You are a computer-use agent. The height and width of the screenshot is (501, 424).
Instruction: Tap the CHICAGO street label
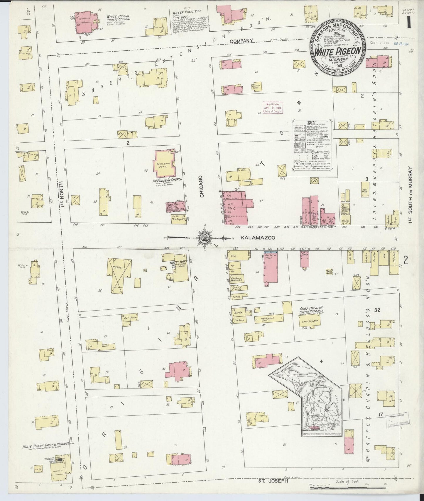[x=202, y=187]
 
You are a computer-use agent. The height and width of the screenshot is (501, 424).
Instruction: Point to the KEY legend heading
[x=311, y=122]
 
